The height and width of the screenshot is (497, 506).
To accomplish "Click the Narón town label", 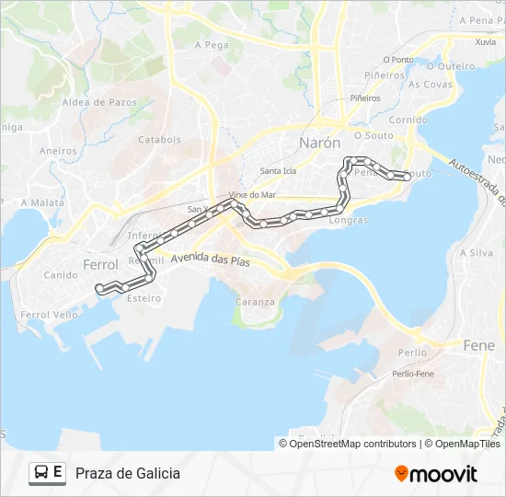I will [319, 143].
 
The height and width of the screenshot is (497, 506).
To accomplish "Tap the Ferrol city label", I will [100, 264].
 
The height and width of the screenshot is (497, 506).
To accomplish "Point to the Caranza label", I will [255, 302].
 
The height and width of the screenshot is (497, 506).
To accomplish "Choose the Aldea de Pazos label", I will [98, 101].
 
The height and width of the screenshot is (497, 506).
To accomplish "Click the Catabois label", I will [159, 140].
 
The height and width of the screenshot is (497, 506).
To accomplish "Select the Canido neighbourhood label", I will [62, 274].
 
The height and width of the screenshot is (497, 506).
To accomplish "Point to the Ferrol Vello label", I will [49, 315].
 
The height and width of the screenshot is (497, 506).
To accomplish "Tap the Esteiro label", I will [144, 297].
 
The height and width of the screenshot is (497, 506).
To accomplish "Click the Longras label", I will [348, 220].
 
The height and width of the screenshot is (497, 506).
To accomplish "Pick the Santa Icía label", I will [278, 171].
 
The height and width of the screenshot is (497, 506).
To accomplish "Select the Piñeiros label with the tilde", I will [384, 75].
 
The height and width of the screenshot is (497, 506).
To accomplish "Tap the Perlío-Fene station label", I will [412, 374].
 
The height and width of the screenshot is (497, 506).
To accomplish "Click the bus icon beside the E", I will [41, 473].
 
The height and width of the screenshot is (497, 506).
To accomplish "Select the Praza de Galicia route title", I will [128, 473].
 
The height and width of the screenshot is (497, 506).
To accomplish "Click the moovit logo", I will [436, 474].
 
